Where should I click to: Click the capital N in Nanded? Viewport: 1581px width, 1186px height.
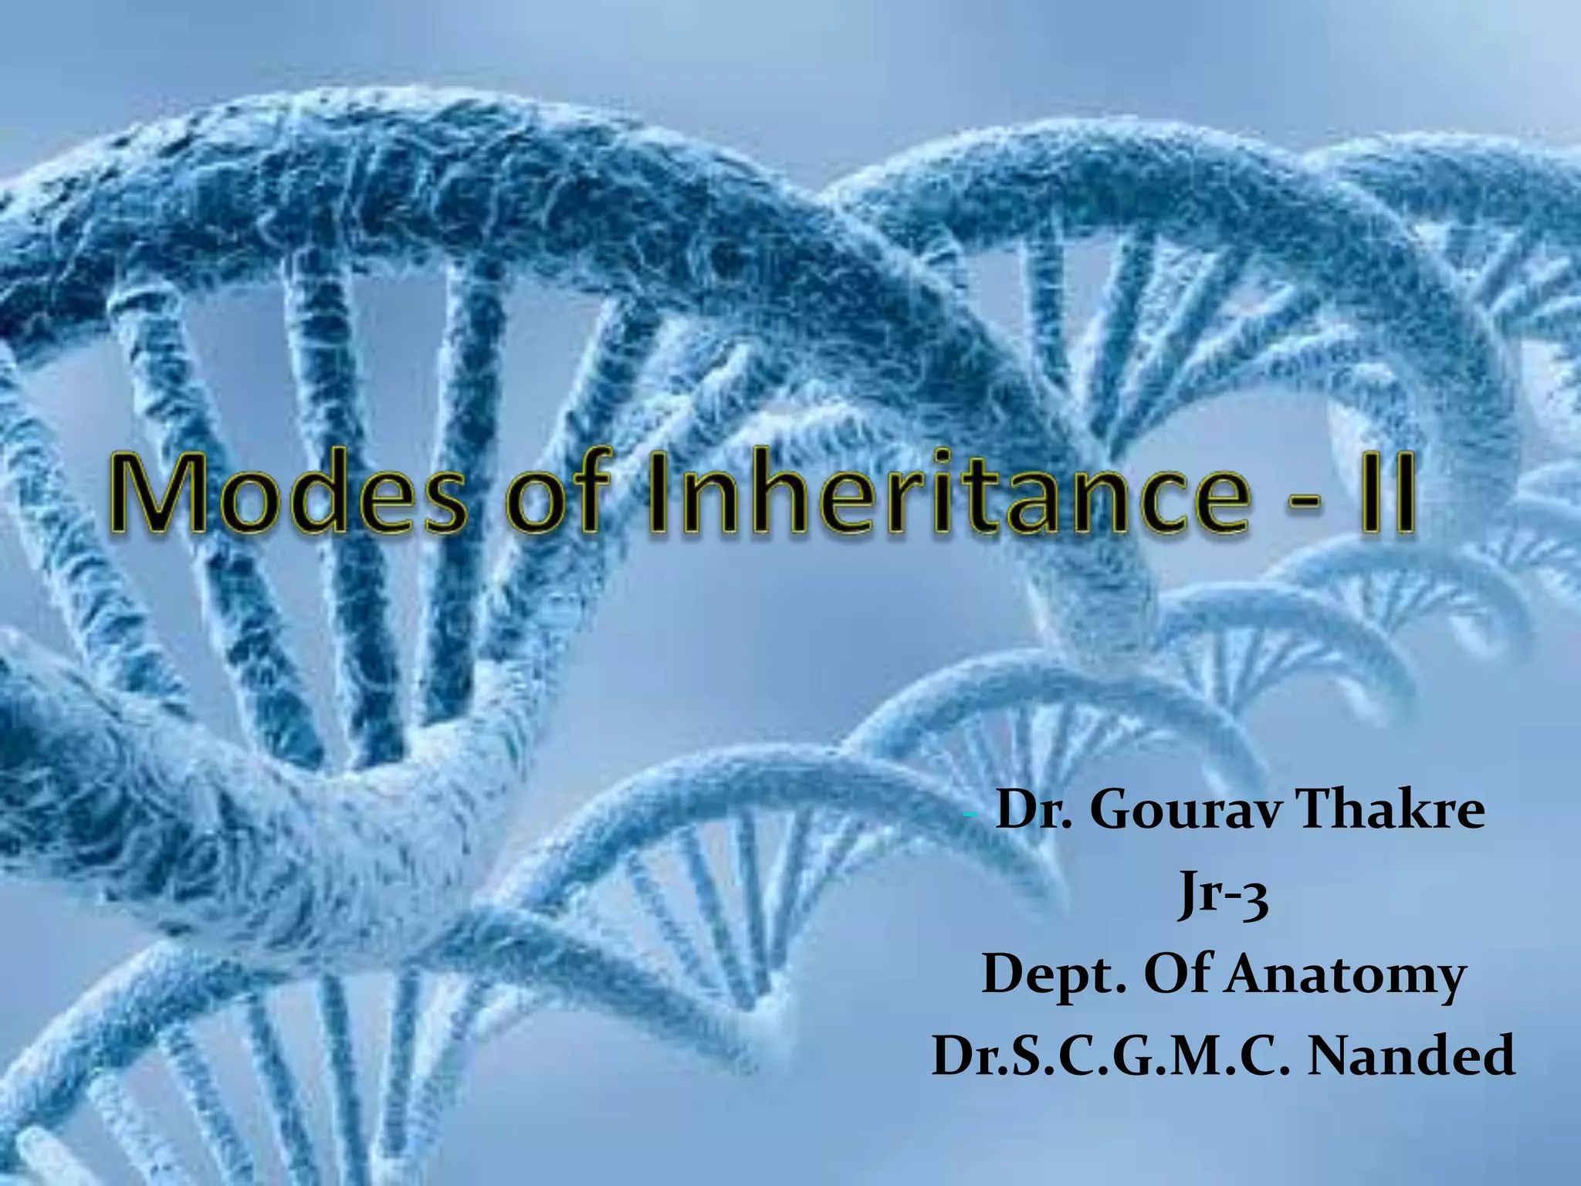1333,1058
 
